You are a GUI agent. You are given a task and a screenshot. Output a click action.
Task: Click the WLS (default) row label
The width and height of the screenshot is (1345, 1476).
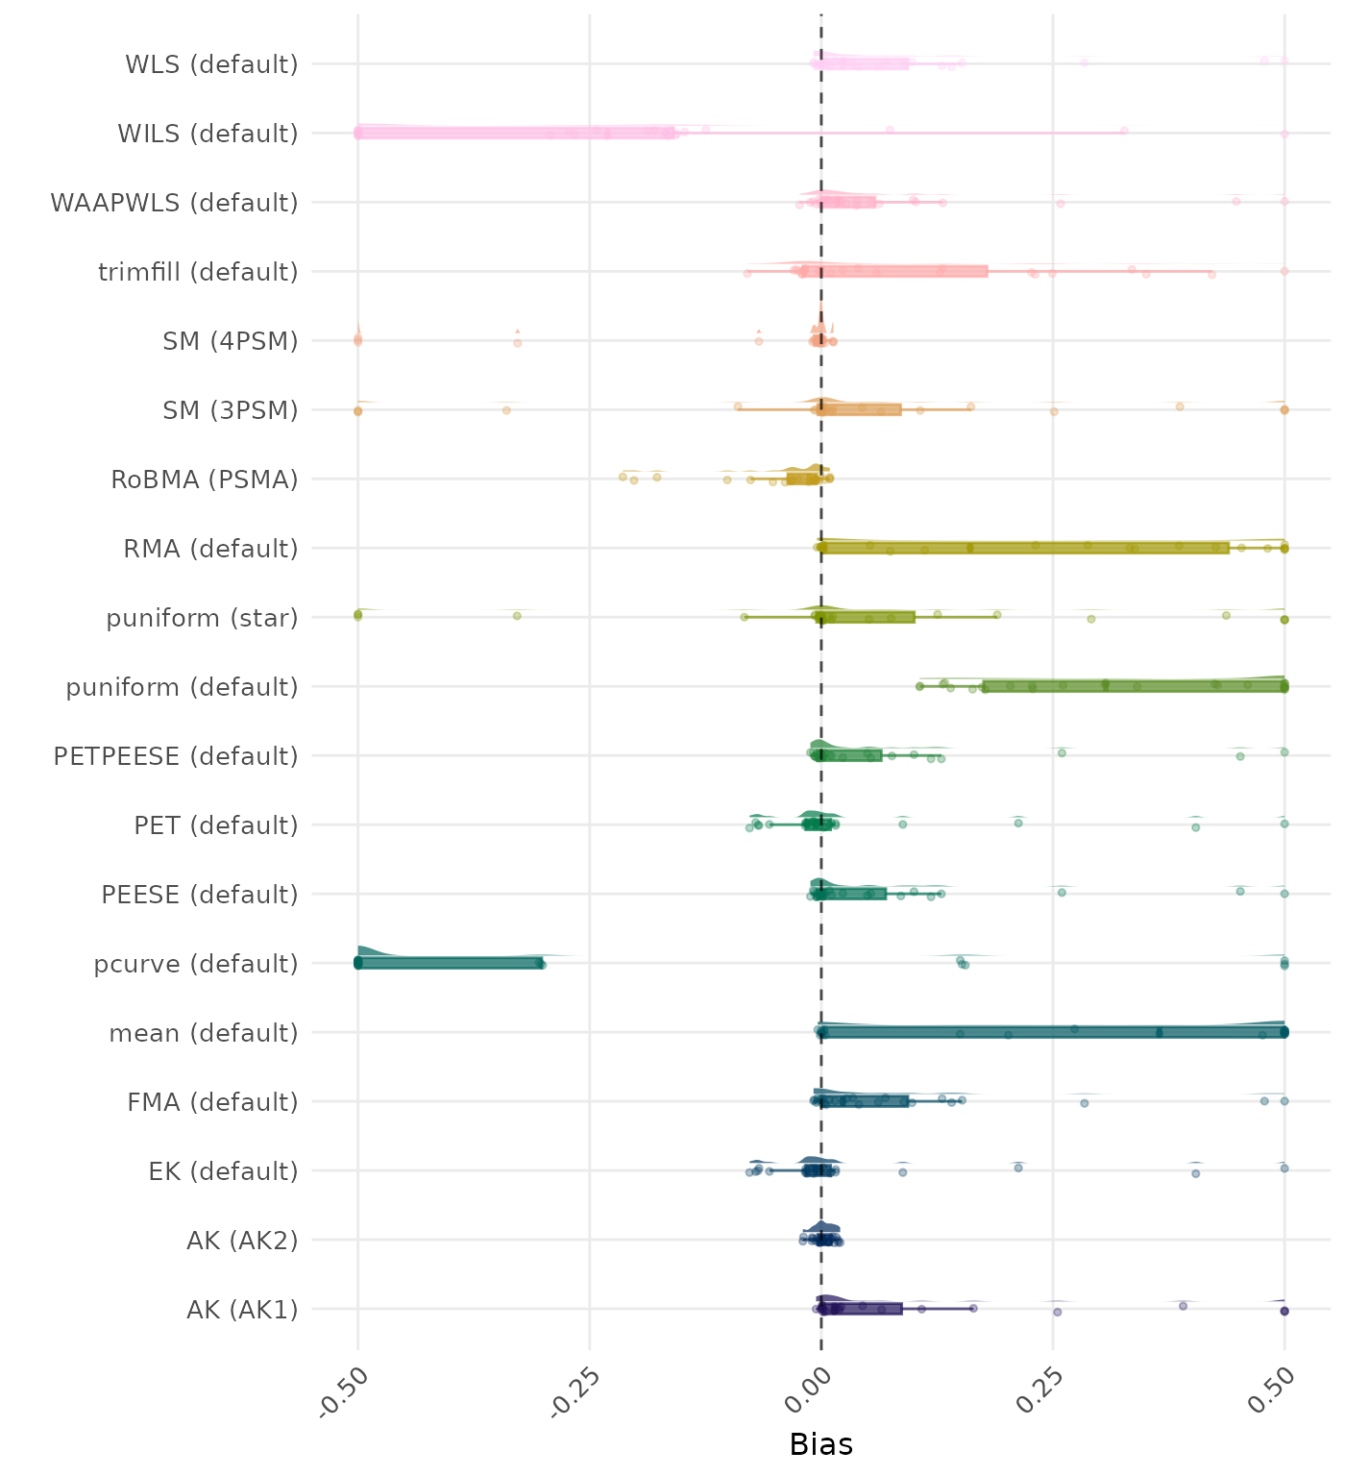211,64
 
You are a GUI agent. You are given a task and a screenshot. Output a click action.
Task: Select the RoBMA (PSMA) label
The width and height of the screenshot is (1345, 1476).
204,480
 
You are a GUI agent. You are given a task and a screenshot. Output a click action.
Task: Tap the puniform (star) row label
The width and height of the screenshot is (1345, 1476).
202,618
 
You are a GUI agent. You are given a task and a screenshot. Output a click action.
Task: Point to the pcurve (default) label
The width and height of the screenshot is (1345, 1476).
196,964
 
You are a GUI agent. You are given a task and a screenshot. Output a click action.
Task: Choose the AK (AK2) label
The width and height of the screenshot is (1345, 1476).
242,1241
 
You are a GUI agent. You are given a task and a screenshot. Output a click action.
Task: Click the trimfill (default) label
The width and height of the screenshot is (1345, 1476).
198,272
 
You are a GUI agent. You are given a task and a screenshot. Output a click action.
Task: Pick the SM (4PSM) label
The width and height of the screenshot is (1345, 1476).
231,341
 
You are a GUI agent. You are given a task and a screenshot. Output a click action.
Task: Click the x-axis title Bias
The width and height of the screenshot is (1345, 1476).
820,1444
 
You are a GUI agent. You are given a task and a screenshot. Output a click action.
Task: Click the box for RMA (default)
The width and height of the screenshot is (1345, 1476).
1024,548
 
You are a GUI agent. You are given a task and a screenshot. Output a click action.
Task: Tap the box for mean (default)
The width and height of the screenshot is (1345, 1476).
1053,1032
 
